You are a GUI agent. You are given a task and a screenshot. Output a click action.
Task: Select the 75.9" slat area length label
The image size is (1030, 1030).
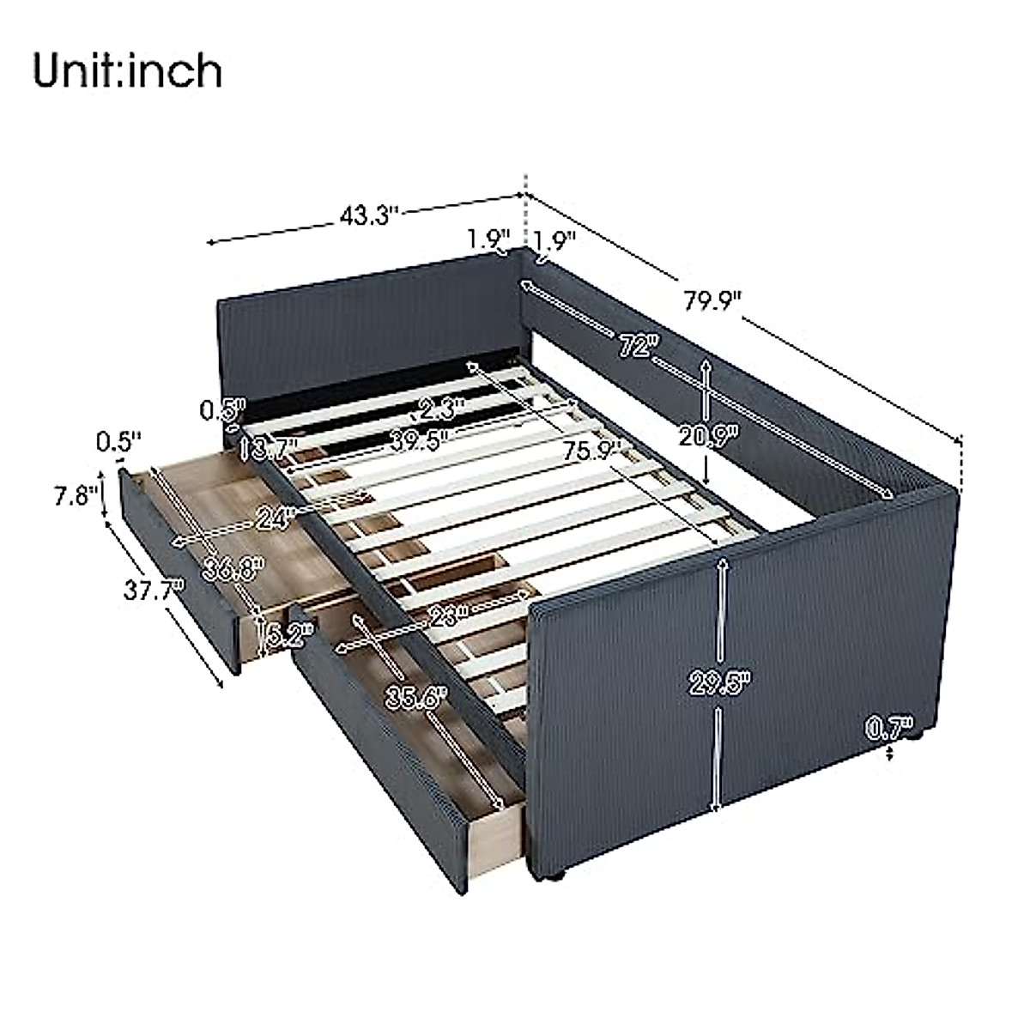[x=592, y=450]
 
